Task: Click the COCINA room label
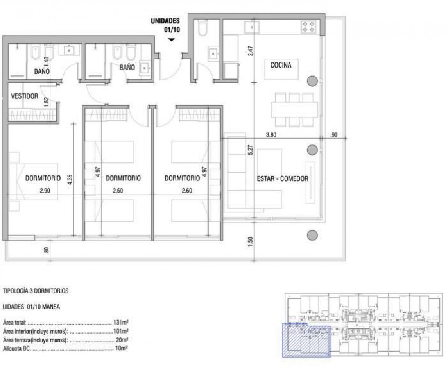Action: click(281, 65)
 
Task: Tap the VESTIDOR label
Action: click(25, 96)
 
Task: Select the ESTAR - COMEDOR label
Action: click(283, 178)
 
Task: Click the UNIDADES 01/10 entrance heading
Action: click(165, 25)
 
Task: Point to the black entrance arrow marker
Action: click(171, 40)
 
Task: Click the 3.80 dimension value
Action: click(271, 135)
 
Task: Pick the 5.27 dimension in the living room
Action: click(251, 150)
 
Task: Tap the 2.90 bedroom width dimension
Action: click(45, 190)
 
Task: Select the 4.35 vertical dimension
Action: click(70, 180)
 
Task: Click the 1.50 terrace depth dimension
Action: click(251, 242)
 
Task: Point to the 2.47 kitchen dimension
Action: click(251, 51)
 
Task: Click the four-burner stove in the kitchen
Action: click(308, 27)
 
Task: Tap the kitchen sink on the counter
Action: click(252, 27)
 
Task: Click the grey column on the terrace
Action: click(312, 235)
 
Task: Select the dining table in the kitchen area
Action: click(294, 109)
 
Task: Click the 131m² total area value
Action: click(121, 323)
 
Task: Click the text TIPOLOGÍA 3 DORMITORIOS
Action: click(36, 291)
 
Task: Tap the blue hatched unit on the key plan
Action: click(306, 340)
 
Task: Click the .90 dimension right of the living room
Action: click(334, 135)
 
